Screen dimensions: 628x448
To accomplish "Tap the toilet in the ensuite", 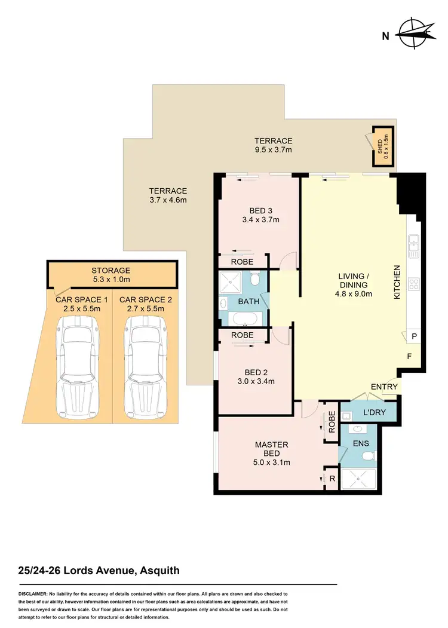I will [369, 457].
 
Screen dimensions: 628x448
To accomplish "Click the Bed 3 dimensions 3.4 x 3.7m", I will [260, 220].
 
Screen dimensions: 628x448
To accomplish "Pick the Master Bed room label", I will [272, 449].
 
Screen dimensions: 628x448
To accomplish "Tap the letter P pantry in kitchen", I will [413, 337].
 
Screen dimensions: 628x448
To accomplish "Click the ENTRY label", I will [384, 387].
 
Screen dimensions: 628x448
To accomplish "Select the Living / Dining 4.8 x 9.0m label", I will [355, 284].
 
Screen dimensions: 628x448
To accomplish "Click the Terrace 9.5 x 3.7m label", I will [273, 145].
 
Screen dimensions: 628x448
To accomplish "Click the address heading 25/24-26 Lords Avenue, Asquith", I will [99, 571].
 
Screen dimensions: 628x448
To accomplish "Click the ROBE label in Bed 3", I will [243, 262].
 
